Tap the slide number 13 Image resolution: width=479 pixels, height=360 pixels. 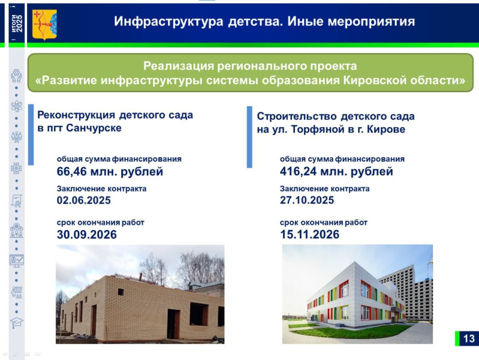click(x=468, y=339)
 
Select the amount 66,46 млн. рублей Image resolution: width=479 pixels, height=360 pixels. click(x=110, y=172)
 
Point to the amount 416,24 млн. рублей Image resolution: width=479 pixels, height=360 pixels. click(x=336, y=172)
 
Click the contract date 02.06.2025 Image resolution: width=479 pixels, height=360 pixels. click(x=84, y=201)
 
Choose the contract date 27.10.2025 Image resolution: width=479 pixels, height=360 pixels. click(x=307, y=201)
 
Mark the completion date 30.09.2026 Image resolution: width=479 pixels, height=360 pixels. click(x=87, y=234)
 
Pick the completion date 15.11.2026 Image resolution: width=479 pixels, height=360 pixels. click(x=309, y=234)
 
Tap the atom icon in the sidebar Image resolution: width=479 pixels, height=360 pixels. click(x=16, y=106)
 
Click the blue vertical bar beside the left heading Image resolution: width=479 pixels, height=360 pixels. click(x=31, y=134)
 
